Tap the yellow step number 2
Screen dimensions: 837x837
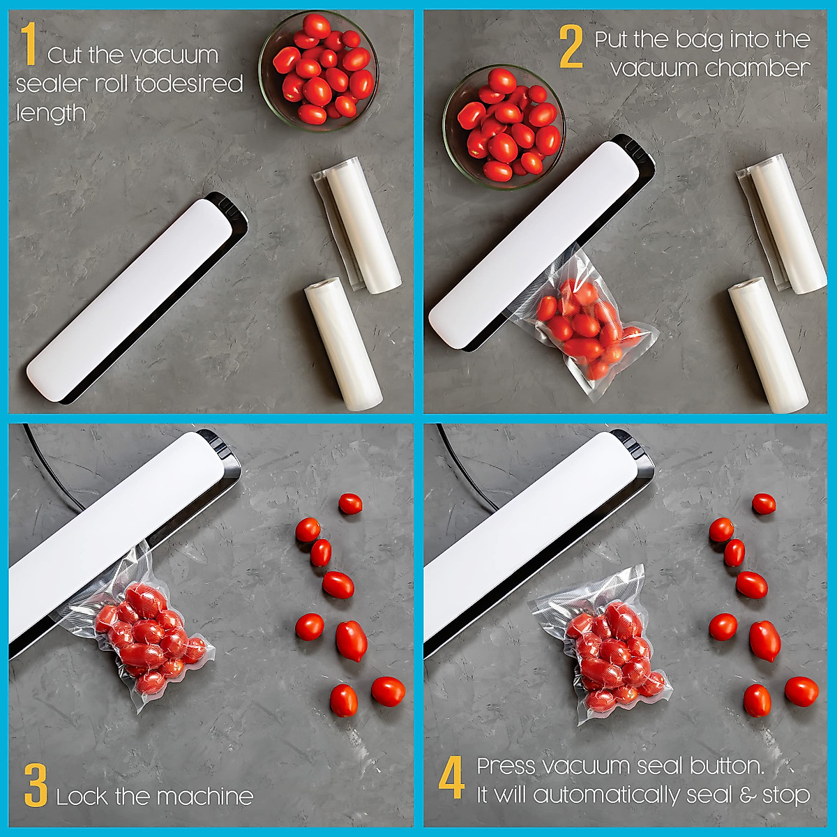[571, 47]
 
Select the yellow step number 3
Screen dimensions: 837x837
[36, 785]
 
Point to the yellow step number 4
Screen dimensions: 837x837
[452, 779]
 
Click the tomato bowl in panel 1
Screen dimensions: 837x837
[319, 70]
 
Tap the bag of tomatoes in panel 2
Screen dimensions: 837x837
[582, 324]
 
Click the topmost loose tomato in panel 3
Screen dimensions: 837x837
[350, 504]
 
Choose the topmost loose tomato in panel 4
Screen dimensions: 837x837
[764, 504]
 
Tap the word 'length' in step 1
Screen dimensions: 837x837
[51, 113]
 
